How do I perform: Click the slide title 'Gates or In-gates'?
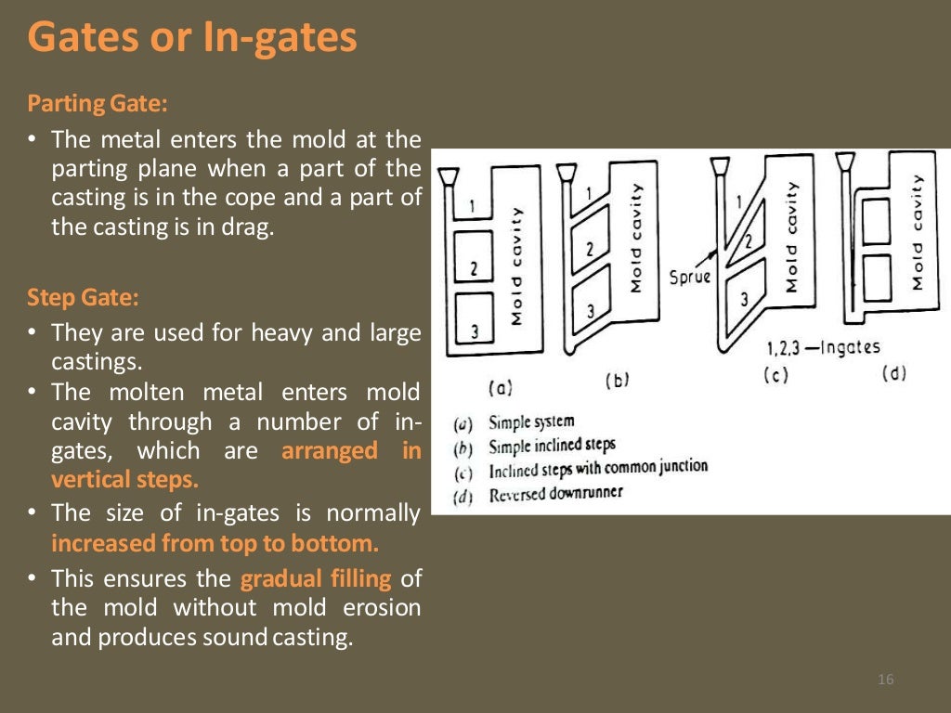[x=191, y=39]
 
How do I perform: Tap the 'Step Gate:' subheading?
[x=83, y=298]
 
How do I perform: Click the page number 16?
[x=885, y=681]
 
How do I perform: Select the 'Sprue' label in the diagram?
[x=689, y=277]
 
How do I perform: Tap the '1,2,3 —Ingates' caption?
[x=823, y=348]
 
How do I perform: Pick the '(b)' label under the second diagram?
[x=618, y=380]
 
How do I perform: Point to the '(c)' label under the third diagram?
[x=775, y=376]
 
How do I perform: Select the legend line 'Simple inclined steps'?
[x=552, y=446]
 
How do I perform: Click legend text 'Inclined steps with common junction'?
[x=598, y=469]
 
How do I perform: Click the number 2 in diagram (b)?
[x=589, y=249]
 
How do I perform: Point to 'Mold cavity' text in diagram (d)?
[x=918, y=231]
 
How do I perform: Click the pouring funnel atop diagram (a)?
[x=447, y=176]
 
